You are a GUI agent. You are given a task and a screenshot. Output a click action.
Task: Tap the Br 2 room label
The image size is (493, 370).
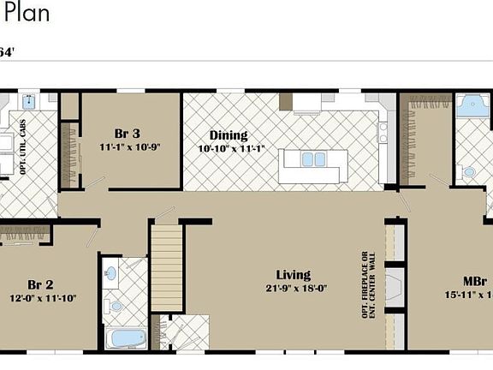pyautogui.click(x=40, y=285)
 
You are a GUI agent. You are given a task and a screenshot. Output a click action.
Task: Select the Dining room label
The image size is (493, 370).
pyautogui.click(x=229, y=135)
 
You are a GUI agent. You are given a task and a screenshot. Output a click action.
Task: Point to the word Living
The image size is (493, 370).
pyautogui.click(x=293, y=275)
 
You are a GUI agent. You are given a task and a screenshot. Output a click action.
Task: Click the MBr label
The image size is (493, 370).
pyautogui.click(x=476, y=281)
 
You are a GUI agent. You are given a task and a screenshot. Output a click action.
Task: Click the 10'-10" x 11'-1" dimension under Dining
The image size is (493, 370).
pyautogui.click(x=231, y=148)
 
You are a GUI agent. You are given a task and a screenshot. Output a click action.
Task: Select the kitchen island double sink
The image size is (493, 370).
pyautogui.click(x=314, y=159)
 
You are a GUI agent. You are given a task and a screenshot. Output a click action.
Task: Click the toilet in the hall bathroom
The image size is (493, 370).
pyautogui.click(x=116, y=304)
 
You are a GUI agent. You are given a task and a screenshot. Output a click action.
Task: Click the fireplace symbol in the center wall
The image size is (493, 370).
pyautogui.click(x=395, y=285)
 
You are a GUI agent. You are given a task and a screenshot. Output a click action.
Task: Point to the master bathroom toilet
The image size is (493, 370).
pyautogui.click(x=468, y=172)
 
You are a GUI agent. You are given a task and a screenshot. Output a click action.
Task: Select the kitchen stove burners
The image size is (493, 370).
pyautogui.click(x=383, y=132)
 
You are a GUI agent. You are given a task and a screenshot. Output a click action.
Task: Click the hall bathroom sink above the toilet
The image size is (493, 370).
pyautogui.click(x=111, y=274)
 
